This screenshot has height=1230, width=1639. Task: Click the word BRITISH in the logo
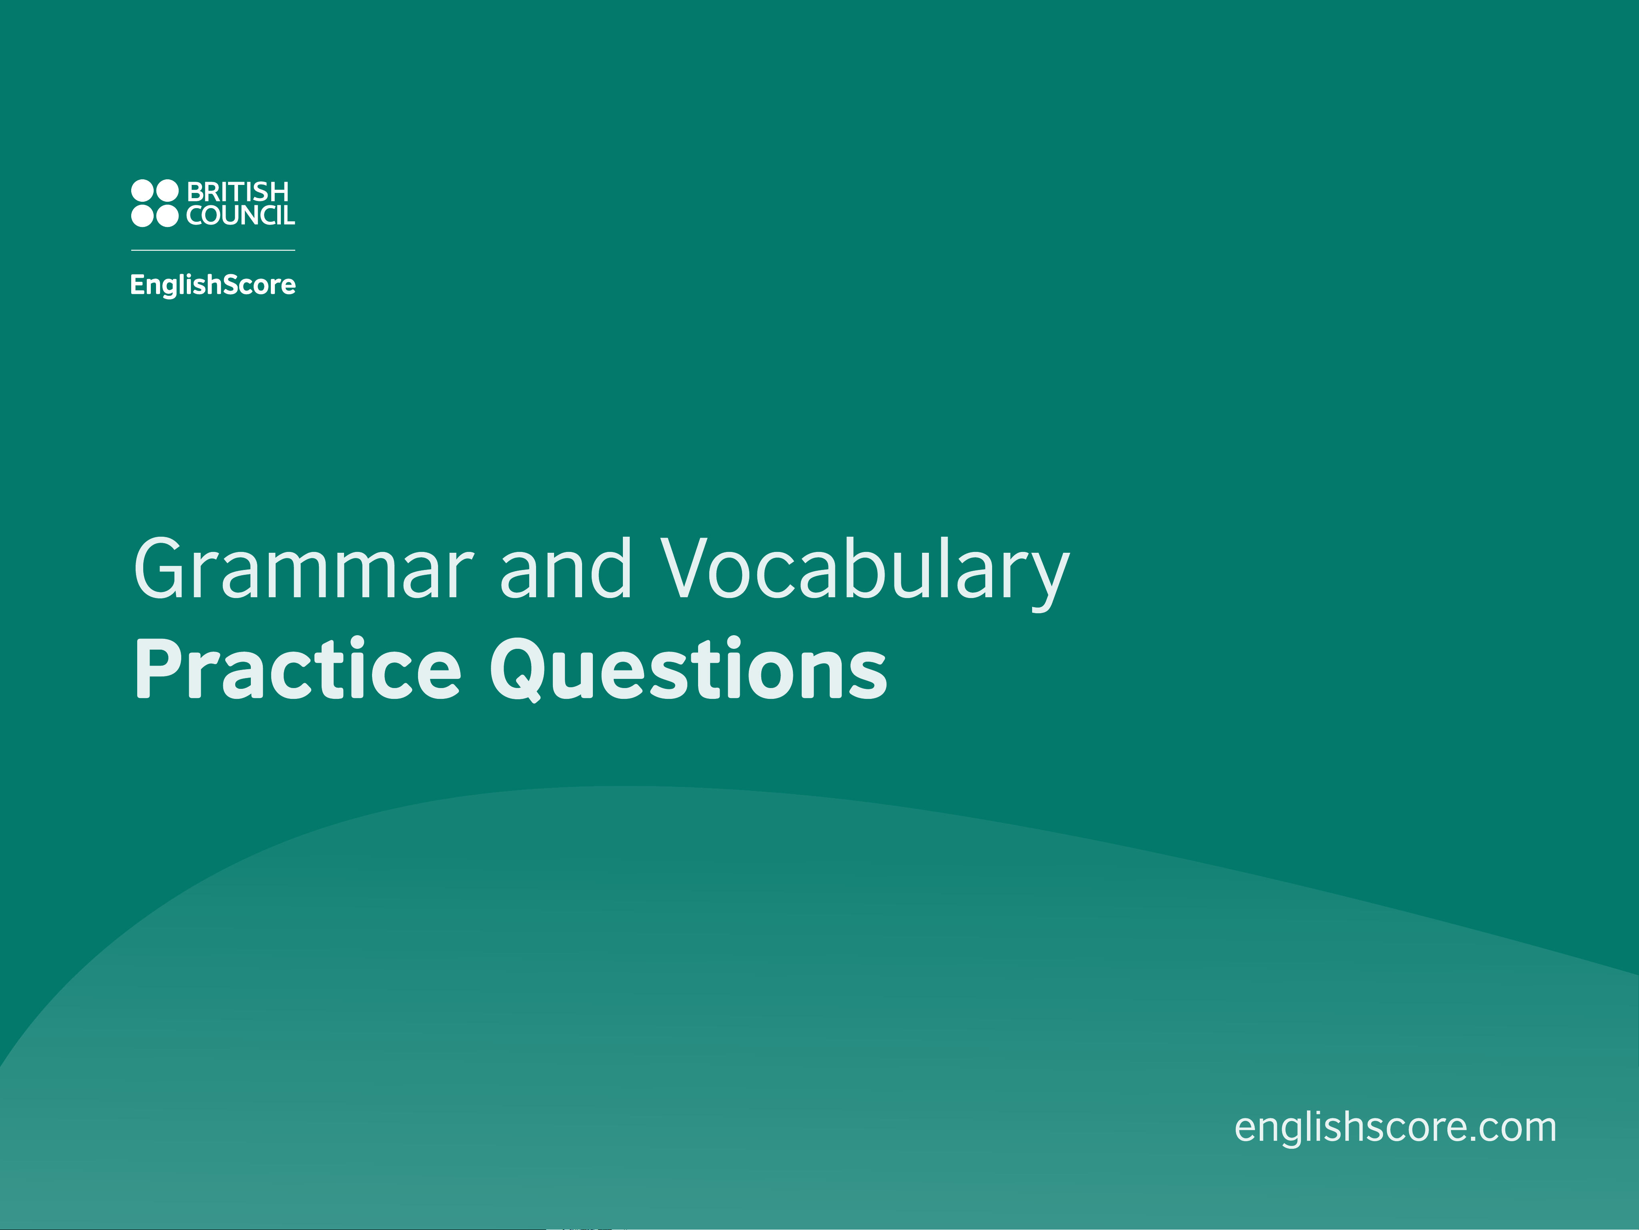pyautogui.click(x=238, y=192)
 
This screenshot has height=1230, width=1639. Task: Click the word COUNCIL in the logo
pyautogui.click(x=240, y=216)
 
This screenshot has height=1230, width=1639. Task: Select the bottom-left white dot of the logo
pyautogui.click(x=142, y=216)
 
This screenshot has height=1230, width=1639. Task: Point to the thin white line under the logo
pyautogui.click(x=213, y=250)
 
